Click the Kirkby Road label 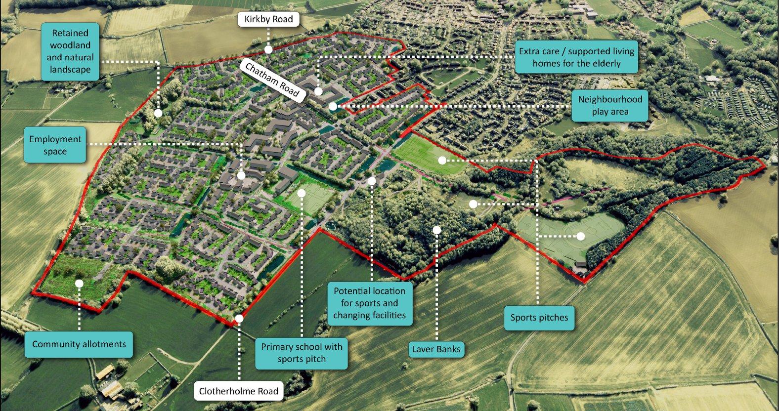268,19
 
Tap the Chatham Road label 272,80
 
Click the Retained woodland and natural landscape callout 70,51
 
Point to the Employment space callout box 55,145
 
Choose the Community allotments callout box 79,344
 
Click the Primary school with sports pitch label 302,353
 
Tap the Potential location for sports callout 369,303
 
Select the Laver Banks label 436,349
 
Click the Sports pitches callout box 539,318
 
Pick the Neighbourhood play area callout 610,105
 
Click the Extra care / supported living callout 576,57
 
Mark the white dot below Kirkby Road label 268,49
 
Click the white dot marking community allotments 79,283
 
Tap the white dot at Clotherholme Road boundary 239,319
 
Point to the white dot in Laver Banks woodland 436,230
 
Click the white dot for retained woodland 158,113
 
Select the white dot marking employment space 241,175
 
